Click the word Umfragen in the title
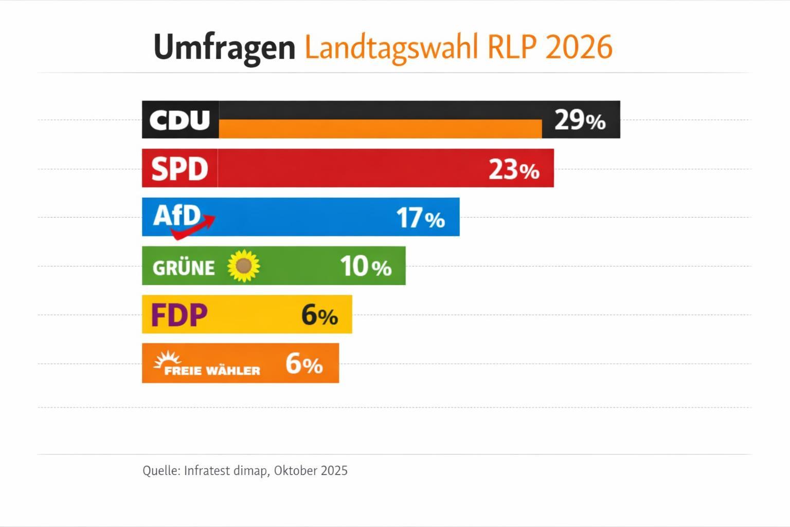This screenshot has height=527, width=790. [224, 47]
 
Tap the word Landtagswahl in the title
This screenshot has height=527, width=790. [391, 47]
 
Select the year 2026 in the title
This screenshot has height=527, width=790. [579, 47]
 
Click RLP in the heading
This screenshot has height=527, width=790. [511, 47]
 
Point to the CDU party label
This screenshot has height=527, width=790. [179, 120]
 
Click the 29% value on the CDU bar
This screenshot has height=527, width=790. [580, 120]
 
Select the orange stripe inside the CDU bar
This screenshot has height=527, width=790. [380, 129]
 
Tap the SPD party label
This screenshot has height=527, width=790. [179, 169]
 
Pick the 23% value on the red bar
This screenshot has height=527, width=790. [513, 169]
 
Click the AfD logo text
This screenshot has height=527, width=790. [176, 215]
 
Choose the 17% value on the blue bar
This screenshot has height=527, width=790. [420, 218]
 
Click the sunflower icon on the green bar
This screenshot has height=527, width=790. [244, 266]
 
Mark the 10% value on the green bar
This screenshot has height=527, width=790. [365, 267]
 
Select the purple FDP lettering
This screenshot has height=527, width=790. [179, 315]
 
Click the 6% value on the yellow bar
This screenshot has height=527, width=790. [319, 315]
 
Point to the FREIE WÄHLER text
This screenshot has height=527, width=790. [212, 371]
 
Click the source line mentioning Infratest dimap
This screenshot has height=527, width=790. [245, 470]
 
